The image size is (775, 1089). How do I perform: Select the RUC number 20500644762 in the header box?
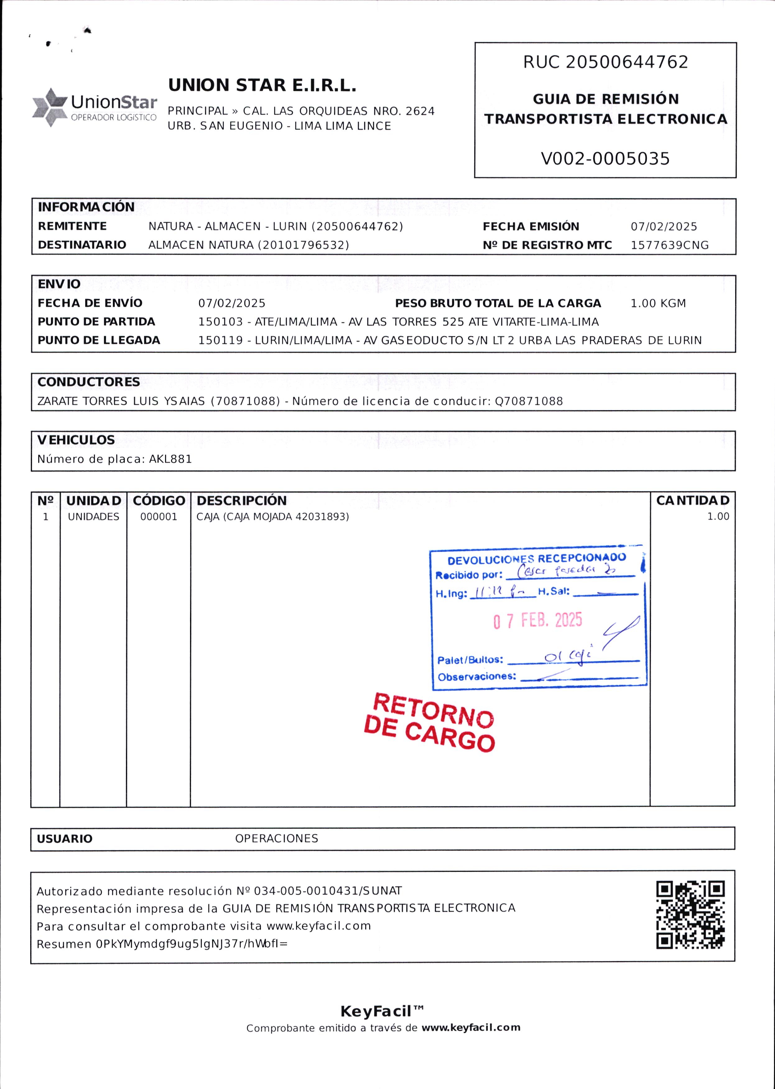coord(627,62)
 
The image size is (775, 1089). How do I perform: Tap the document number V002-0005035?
coord(605,158)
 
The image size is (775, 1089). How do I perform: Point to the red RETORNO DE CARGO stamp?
coord(429,721)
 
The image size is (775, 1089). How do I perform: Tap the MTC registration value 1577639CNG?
coord(670,245)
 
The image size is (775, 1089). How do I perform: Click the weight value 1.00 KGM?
coord(658,304)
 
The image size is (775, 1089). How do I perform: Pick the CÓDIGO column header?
coord(159,501)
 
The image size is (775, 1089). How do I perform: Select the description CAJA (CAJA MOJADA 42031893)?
coord(272,517)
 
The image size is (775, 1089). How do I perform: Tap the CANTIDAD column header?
coord(693,501)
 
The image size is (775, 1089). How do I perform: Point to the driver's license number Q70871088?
coord(529,401)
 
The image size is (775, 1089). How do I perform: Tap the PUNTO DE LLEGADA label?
coord(99,340)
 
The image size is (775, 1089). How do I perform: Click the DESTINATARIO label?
coord(82,245)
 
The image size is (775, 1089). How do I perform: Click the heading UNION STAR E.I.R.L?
coord(262,86)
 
